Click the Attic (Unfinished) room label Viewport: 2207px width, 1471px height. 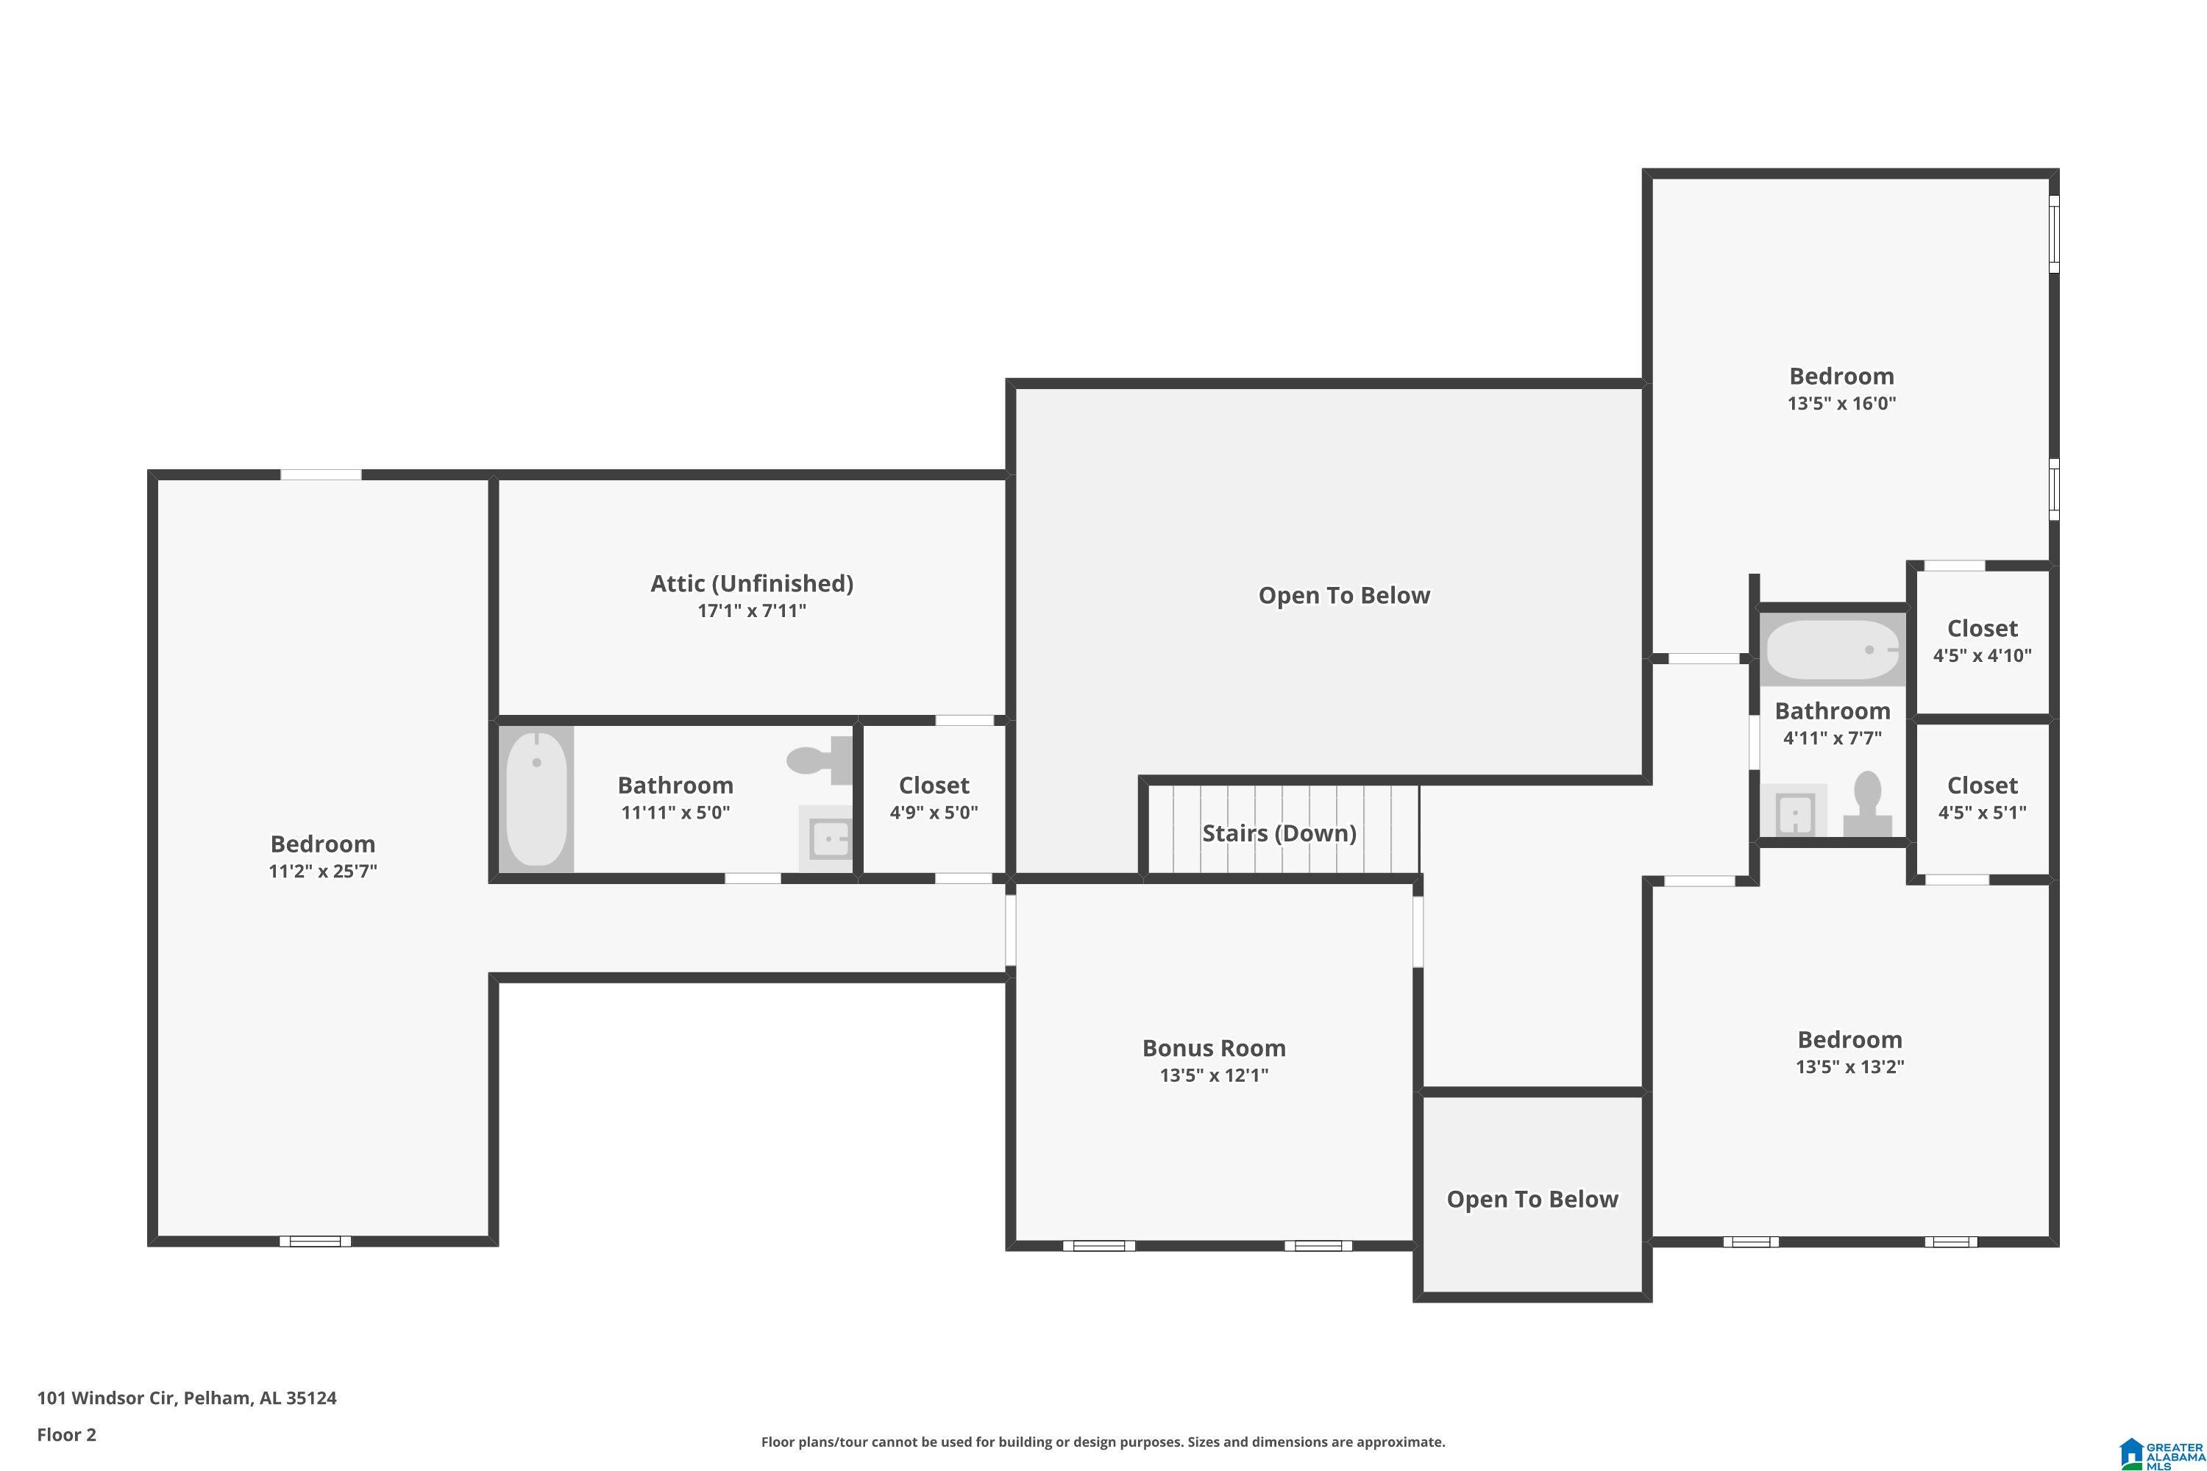pyautogui.click(x=752, y=583)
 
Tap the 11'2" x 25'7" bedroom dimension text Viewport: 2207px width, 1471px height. pyautogui.click(x=323, y=871)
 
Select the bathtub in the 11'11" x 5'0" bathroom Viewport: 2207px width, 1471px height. pyautogui.click(x=537, y=798)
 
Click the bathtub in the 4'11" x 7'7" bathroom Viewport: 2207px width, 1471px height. pyautogui.click(x=1833, y=649)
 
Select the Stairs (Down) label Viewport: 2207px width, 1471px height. pyautogui.click(x=1279, y=833)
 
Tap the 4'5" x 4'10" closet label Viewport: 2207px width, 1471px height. pyautogui.click(x=1982, y=629)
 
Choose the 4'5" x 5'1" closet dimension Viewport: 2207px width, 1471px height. pyautogui.click(x=1982, y=813)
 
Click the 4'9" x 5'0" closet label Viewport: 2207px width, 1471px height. pyautogui.click(x=934, y=786)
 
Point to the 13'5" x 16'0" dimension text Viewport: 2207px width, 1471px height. pyautogui.click(x=1841, y=403)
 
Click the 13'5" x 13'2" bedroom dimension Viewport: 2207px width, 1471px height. pyautogui.click(x=1849, y=1066)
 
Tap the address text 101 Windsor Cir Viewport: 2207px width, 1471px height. pyautogui.click(x=106, y=1398)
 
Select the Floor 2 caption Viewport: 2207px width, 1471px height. pyautogui.click(x=67, y=1434)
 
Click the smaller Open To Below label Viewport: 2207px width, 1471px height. pyautogui.click(x=1532, y=1199)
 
